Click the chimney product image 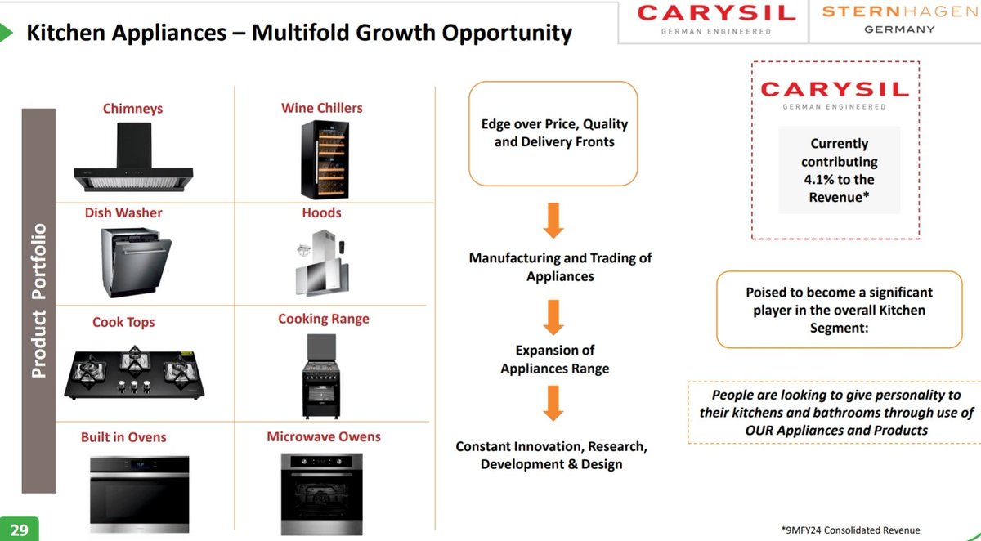(x=132, y=158)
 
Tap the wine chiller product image (x=322, y=159)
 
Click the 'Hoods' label (x=321, y=212)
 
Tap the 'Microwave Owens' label (x=324, y=436)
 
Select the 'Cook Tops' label (x=123, y=322)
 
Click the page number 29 (x=19, y=530)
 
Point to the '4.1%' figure (x=824, y=180)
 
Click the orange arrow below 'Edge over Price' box (x=553, y=219)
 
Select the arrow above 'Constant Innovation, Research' (x=553, y=402)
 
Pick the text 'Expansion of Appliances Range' (x=554, y=359)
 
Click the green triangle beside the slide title (x=7, y=34)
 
